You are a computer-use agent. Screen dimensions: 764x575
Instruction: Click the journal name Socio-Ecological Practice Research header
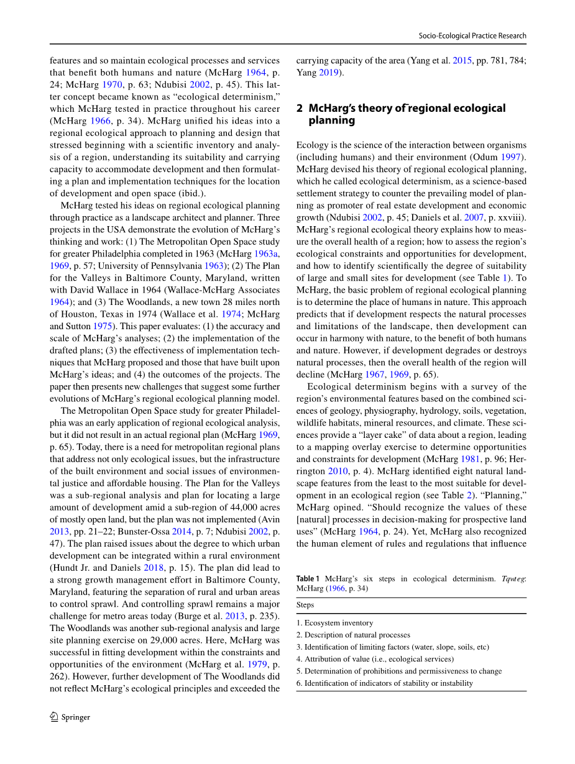tap(472, 36)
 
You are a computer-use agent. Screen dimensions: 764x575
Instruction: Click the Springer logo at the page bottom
tap(70, 717)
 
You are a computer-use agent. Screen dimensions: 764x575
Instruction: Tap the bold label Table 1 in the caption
tap(308, 579)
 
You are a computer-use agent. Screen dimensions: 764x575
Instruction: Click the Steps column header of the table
tap(305, 605)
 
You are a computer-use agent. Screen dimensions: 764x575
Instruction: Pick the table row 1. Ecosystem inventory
tap(334, 623)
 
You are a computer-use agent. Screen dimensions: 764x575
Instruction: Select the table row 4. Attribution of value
tap(375, 659)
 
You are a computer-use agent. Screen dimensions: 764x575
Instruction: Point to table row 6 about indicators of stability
tap(384, 683)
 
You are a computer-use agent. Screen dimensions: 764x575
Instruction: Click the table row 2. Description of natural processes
tap(353, 635)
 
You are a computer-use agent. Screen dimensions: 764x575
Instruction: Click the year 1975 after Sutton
tap(103, 326)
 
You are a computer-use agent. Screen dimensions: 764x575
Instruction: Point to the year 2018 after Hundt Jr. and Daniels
tap(153, 568)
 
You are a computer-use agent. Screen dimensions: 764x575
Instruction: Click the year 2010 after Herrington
tap(338, 471)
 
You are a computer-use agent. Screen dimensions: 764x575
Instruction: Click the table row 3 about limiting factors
tap(392, 647)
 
